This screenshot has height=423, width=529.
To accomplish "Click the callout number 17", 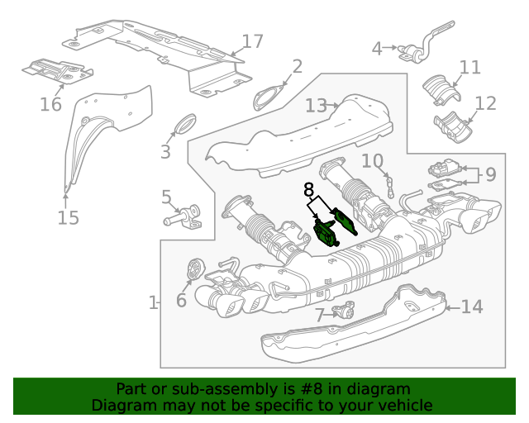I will click(x=252, y=41).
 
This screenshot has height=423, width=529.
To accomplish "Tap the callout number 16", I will click(x=50, y=104).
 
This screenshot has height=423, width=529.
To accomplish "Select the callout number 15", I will click(x=68, y=218).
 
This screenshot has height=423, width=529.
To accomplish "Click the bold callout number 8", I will click(x=309, y=189).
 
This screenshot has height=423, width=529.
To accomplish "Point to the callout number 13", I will click(x=316, y=106).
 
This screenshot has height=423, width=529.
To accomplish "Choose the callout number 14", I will click(x=471, y=307).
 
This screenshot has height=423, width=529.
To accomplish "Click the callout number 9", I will click(x=490, y=174).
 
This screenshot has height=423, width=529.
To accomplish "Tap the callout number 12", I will click(x=485, y=103).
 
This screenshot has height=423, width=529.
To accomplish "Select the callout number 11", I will click(x=469, y=67).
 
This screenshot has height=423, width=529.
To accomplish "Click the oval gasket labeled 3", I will click(x=183, y=125).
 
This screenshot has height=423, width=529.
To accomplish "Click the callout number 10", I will click(x=372, y=160).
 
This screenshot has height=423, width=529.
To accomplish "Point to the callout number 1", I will click(x=153, y=303).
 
